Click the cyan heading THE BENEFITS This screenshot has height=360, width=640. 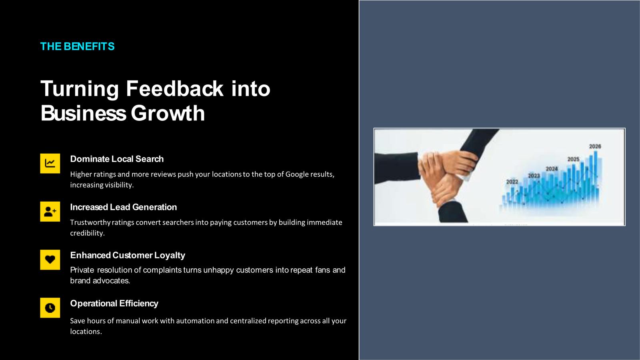pyautogui.click(x=78, y=46)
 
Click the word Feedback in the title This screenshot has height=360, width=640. pyautogui.click(x=174, y=88)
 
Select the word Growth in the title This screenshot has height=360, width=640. pyautogui.click(x=168, y=113)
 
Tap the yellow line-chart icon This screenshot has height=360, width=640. pyautogui.click(x=50, y=164)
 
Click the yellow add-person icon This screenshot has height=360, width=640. pyautogui.click(x=50, y=212)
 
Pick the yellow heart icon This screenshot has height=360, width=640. pyautogui.click(x=50, y=260)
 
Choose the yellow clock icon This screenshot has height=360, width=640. pyautogui.click(x=50, y=308)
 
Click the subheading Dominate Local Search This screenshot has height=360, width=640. pyautogui.click(x=117, y=159)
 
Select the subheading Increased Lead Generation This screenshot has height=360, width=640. pyautogui.click(x=124, y=207)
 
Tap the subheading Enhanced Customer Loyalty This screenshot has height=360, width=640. pyautogui.click(x=128, y=255)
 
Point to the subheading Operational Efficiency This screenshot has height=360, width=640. pyautogui.click(x=114, y=303)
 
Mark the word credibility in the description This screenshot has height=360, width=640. pyautogui.click(x=88, y=233)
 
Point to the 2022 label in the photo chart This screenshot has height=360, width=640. pyautogui.click(x=512, y=182)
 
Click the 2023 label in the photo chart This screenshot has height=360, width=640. pyautogui.click(x=534, y=176)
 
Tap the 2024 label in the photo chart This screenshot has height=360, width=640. pyautogui.click(x=552, y=169)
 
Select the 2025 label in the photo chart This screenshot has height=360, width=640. pyautogui.click(x=573, y=159)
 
